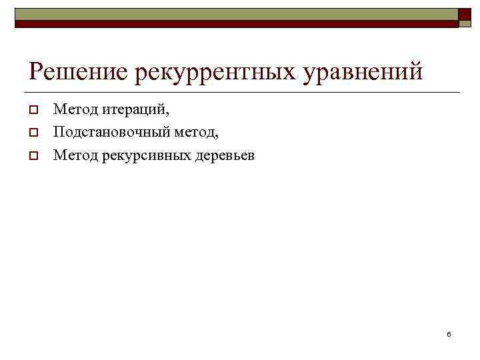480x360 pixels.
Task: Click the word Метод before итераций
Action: [x=72, y=108]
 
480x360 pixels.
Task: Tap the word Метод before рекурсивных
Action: [x=72, y=156]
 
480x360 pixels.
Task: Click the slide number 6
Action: [x=449, y=333]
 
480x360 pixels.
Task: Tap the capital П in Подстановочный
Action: [x=59, y=132]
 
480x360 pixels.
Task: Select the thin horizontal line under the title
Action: [x=240, y=92]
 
